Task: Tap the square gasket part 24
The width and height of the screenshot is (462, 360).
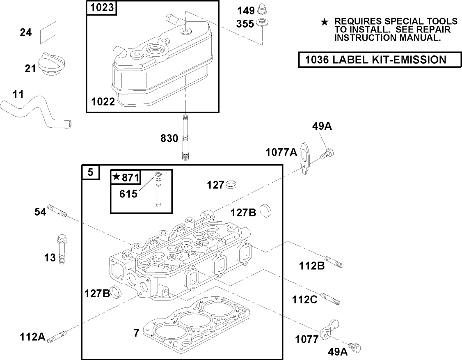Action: pyautogui.click(x=49, y=32)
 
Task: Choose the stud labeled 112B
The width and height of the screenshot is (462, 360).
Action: pyautogui.click(x=333, y=261)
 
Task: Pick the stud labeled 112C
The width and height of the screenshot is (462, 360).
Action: pyautogui.click(x=330, y=299)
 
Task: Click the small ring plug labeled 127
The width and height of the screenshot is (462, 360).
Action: pyautogui.click(x=232, y=185)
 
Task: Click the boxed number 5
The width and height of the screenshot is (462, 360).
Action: pyautogui.click(x=90, y=173)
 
